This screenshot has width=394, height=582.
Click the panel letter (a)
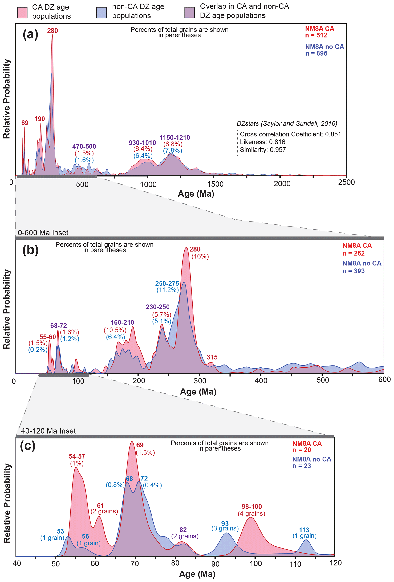coord(30,34)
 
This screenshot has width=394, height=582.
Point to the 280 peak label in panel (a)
coord(53,31)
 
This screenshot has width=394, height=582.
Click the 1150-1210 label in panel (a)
coord(175,138)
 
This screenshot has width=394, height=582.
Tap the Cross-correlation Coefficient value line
coord(290,134)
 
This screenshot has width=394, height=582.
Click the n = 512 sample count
coord(316,35)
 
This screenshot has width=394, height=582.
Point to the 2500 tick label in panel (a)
coord(346,182)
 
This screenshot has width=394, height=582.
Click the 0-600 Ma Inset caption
coord(43,233)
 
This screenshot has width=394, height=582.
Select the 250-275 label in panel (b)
coord(167,284)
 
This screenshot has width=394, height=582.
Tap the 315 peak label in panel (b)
coord(212,357)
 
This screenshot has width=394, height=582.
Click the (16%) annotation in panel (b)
coord(200,256)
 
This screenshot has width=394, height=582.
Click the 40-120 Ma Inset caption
coord(48,431)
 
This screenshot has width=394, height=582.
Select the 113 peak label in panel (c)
coord(304,530)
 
